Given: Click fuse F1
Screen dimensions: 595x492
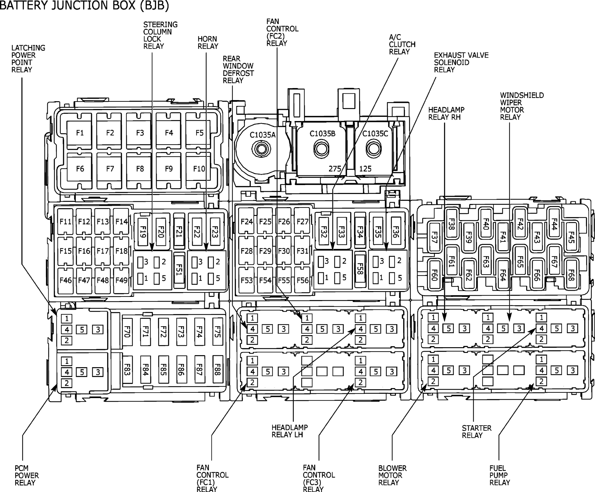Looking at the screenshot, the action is pyautogui.click(x=79, y=132).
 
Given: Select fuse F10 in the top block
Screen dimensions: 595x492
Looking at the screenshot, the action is pyautogui.click(x=199, y=169).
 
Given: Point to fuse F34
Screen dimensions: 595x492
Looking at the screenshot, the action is pyautogui.click(x=360, y=231).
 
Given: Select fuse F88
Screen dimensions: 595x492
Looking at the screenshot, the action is pyautogui.click(x=217, y=369).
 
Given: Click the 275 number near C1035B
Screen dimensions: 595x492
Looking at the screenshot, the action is pyautogui.click(x=334, y=169).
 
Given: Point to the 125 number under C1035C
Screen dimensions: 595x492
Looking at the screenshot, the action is pyautogui.click(x=365, y=169).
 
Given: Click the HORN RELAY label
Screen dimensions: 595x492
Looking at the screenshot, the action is pyautogui.click(x=208, y=42).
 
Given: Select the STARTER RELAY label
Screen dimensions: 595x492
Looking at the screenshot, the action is pyautogui.click(x=477, y=432).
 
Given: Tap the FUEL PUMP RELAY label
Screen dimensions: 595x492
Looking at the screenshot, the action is pyautogui.click(x=499, y=475).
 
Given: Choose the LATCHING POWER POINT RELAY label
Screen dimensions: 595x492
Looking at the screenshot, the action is pyautogui.click(x=28, y=59).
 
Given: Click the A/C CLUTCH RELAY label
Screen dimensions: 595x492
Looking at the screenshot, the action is pyautogui.click(x=402, y=44).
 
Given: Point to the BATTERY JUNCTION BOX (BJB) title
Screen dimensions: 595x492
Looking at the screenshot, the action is pyautogui.click(x=84, y=5).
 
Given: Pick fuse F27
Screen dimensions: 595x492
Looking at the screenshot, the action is pyautogui.click(x=302, y=221).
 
